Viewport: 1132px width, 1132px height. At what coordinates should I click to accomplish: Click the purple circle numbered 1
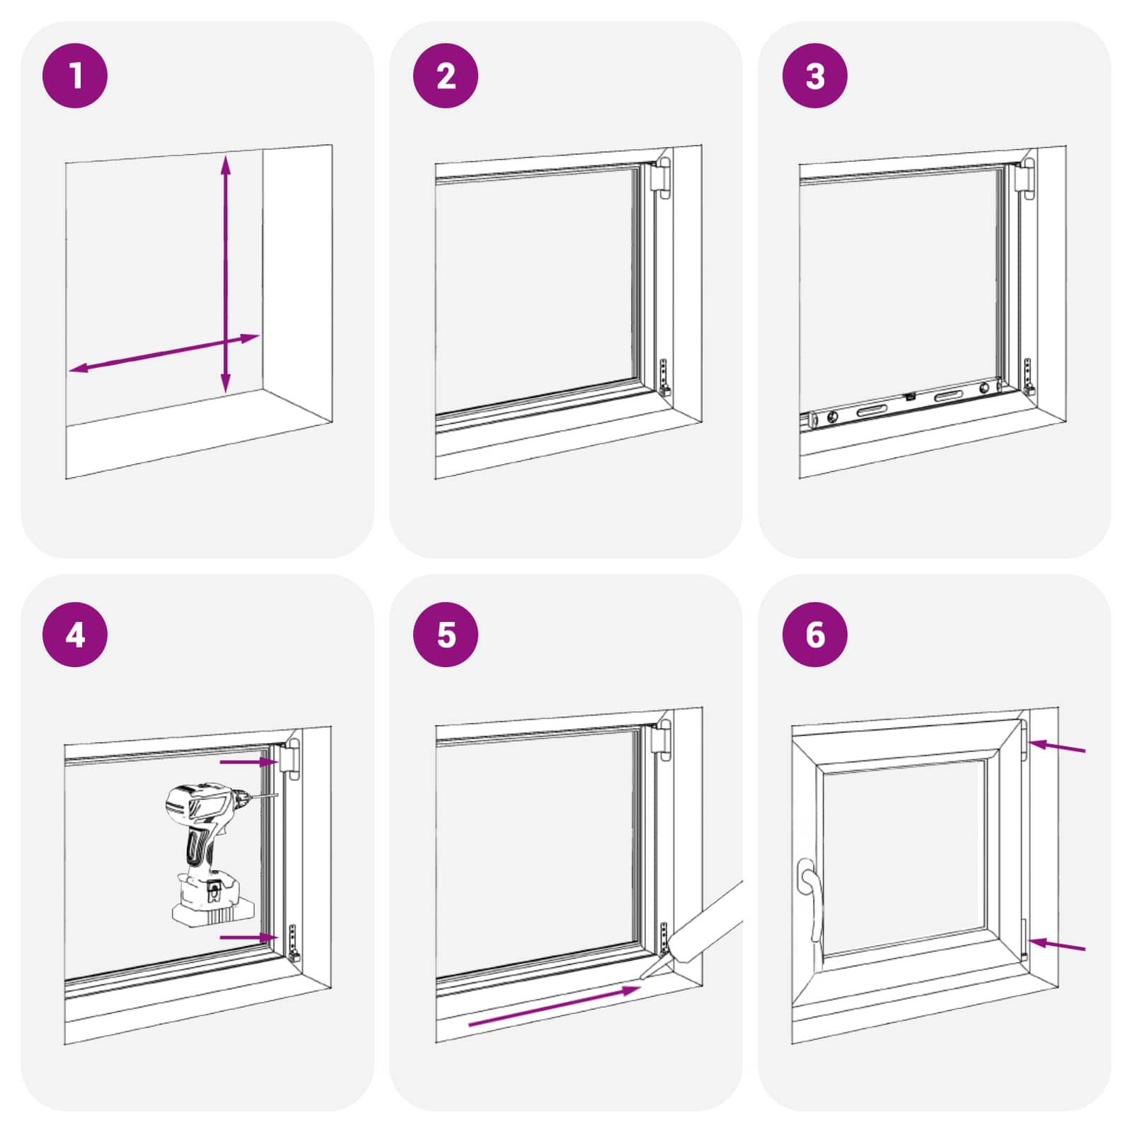pos(75,76)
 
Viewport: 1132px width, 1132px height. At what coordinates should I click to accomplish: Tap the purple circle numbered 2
pos(445,76)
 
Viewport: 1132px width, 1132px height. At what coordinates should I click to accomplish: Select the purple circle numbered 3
pos(814,76)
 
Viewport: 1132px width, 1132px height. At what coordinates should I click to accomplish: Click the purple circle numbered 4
pos(75,635)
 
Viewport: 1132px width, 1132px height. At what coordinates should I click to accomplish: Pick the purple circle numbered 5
pos(445,635)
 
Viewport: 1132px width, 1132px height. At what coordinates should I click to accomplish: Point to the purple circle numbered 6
pos(814,635)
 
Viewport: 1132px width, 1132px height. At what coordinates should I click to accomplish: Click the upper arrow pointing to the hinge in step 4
pos(248,762)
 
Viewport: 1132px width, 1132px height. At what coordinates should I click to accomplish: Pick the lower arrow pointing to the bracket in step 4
pos(248,937)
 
